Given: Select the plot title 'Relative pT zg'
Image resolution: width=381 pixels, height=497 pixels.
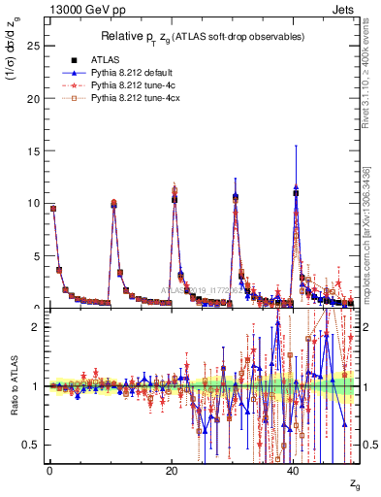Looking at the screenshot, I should tap(201, 36).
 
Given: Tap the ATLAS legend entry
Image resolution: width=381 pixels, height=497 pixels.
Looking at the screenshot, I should tap(104, 59).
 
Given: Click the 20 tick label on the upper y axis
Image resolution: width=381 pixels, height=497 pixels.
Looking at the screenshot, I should tap(32, 98).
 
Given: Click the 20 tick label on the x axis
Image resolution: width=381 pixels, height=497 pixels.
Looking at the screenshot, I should tap(172, 471).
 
